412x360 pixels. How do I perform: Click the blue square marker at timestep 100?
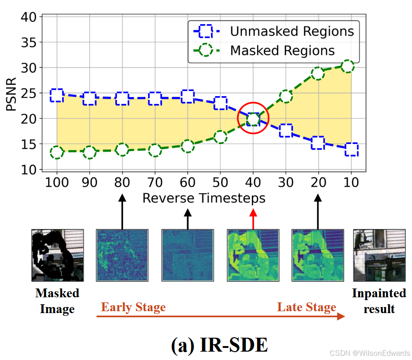[x=57, y=95]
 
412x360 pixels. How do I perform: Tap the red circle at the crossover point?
[x=253, y=118]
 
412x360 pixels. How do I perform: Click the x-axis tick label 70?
[x=155, y=182]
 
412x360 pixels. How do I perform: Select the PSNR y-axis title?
[x=12, y=93]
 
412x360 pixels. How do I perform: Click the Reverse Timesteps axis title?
[x=204, y=198]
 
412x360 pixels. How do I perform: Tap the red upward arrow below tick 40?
[x=253, y=218]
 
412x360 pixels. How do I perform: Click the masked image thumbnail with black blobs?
[x=58, y=255]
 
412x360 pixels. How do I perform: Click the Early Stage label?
[x=133, y=308]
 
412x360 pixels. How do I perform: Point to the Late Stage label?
[x=307, y=308]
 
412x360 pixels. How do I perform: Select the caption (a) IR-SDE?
[x=220, y=345]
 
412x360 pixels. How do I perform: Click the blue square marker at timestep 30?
[x=286, y=131]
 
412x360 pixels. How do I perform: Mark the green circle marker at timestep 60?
[x=188, y=146]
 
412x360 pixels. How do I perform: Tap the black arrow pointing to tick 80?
[x=122, y=212]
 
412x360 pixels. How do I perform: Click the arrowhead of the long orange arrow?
[x=341, y=316]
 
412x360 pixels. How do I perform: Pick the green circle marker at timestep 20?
[x=318, y=73]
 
